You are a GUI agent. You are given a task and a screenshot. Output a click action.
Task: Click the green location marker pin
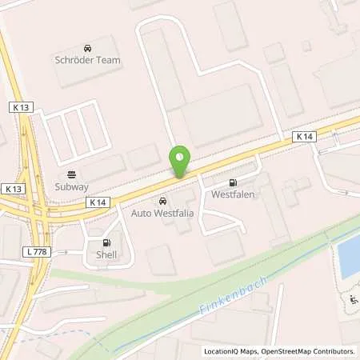[x=181, y=162]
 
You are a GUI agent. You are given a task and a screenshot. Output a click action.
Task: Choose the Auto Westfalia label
[x=163, y=214]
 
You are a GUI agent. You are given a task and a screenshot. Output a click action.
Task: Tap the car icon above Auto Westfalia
[x=163, y=202]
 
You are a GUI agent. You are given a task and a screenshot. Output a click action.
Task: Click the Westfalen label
[x=233, y=194]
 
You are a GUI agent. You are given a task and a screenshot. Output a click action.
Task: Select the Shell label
[x=106, y=255]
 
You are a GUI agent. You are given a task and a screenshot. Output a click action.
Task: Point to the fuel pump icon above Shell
[x=106, y=243]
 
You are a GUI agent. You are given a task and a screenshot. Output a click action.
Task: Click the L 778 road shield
[x=35, y=252]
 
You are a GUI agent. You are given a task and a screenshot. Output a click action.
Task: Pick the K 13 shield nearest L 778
[x=10, y=188]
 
